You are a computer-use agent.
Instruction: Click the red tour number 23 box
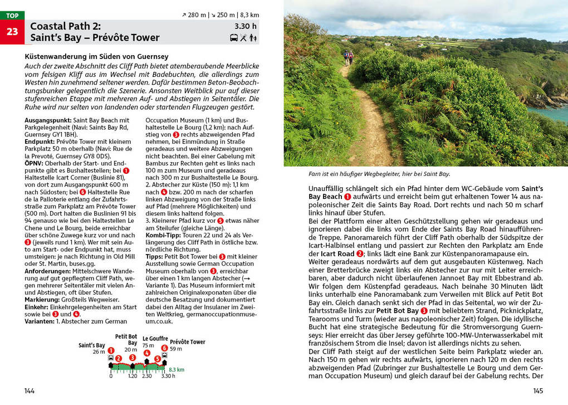[12, 32]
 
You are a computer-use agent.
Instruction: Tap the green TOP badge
[12, 16]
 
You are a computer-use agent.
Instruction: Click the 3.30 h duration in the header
[246, 26]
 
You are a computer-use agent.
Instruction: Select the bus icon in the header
[234, 38]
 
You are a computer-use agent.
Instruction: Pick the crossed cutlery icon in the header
[243, 38]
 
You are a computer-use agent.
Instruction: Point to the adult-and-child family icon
[253, 38]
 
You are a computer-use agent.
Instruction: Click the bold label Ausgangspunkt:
[48, 120]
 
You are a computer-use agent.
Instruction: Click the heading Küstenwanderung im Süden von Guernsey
[96, 57]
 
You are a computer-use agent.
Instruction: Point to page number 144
[30, 391]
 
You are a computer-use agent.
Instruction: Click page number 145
[538, 391]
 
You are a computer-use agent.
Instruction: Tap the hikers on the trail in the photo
[348, 57]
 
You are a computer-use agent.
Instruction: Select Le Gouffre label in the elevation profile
[155, 338]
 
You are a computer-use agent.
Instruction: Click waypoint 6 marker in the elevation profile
[164, 348]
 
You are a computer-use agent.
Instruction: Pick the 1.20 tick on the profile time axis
[133, 376]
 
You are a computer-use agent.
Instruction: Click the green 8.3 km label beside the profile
[177, 369]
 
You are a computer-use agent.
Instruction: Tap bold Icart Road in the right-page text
[337, 254]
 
